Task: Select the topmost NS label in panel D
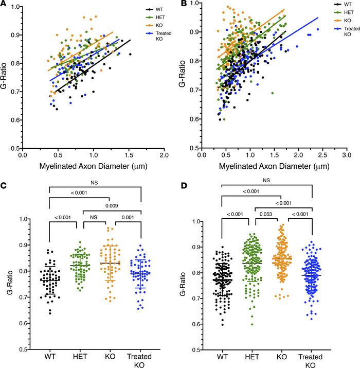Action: [266, 180]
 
